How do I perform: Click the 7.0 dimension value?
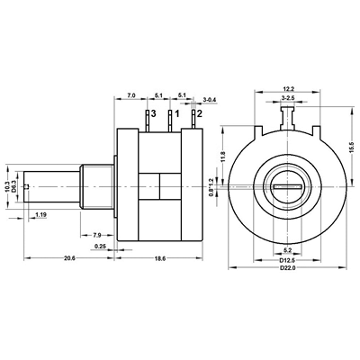(x=131, y=95)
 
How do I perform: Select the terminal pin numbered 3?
(x=148, y=121)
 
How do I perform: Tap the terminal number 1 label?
(x=177, y=114)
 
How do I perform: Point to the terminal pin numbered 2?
(x=193, y=120)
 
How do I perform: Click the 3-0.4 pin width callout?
(x=210, y=100)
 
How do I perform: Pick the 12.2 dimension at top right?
(x=288, y=88)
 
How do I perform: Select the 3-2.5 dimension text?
(x=288, y=98)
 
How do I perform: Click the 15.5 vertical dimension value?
(x=355, y=148)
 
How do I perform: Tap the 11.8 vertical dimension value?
(x=223, y=157)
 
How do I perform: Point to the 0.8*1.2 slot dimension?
(x=211, y=186)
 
